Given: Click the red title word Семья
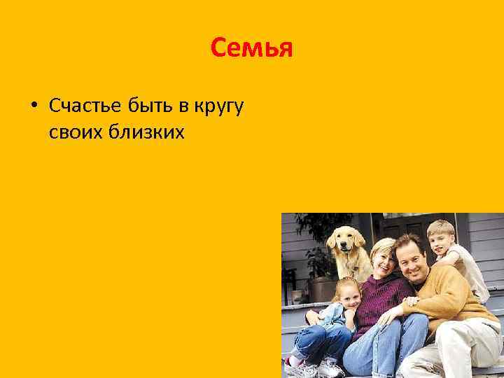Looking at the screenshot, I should coord(251,49).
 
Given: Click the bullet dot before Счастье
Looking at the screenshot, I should coord(33,106).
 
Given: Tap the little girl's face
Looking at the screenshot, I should coord(348,294).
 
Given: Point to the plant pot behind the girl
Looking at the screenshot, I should coord(323,288).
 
